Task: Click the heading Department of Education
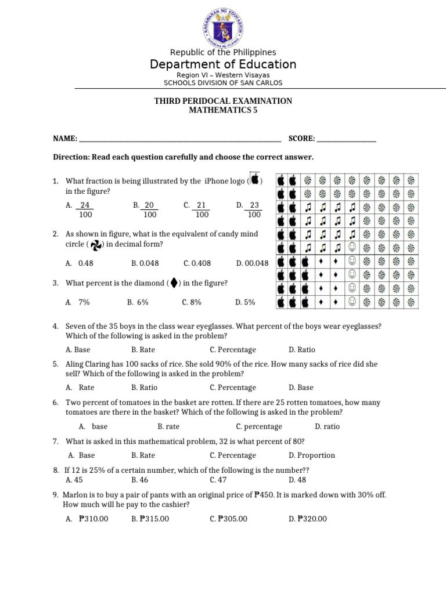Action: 223,64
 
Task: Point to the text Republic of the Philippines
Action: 223,52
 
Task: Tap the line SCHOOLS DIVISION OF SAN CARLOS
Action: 223,82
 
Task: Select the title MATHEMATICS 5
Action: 223,110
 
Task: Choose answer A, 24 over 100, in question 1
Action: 81,210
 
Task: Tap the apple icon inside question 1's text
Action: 255,180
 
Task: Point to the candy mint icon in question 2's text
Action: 97,245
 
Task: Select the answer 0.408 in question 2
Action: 197,263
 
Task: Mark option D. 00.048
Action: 252,263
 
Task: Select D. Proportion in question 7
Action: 311,455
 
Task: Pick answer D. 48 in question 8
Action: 297,480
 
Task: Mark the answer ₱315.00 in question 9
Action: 150,519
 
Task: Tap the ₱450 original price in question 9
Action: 263,495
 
